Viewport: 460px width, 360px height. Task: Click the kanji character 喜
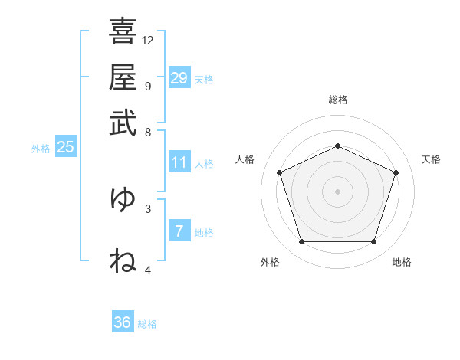[123, 31]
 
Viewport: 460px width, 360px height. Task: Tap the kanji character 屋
[123, 77]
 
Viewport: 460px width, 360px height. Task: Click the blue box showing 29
[179, 77]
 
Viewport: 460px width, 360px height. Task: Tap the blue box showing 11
[179, 162]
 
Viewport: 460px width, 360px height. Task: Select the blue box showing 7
[179, 231]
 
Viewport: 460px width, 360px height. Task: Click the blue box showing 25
[65, 148]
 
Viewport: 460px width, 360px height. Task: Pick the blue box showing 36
[123, 322]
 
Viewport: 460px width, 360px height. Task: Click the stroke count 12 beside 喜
[148, 40]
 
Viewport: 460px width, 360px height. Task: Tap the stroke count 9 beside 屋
[148, 85]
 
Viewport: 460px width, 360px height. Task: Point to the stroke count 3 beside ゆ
[148, 208]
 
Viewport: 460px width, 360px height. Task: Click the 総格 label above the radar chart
[337, 100]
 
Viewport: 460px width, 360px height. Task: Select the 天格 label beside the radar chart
[431, 159]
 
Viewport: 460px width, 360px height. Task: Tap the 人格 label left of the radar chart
[245, 159]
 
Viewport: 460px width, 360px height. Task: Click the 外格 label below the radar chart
[270, 262]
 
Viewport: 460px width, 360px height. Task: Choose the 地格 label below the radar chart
[402, 262]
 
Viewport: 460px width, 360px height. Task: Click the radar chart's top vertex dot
[337, 146]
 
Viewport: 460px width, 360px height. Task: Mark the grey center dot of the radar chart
[337, 191]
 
